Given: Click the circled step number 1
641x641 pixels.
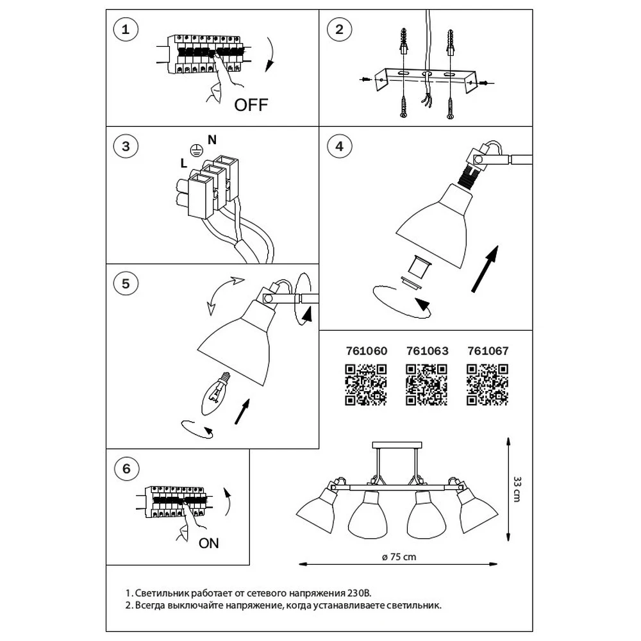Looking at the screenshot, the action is pyautogui.click(x=126, y=30).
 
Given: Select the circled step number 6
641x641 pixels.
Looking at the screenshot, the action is pyautogui.click(x=126, y=469).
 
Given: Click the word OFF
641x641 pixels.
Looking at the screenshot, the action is pyautogui.click(x=251, y=104).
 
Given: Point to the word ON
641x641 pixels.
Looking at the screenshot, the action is pyautogui.click(x=208, y=544).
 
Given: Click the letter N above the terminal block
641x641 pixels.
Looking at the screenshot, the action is pyautogui.click(x=212, y=139).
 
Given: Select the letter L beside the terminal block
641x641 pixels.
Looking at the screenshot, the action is pyautogui.click(x=183, y=163).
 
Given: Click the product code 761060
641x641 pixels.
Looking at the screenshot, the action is pyautogui.click(x=367, y=351).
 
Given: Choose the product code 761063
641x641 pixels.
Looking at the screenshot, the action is pyautogui.click(x=428, y=351).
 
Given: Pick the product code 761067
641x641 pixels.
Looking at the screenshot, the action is pyautogui.click(x=488, y=351).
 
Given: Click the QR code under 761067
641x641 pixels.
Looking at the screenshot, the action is pyautogui.click(x=488, y=385).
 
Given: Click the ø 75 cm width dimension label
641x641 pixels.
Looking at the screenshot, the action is pyautogui.click(x=399, y=557).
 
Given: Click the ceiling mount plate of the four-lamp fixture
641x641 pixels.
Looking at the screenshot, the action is pyautogui.click(x=397, y=444).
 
